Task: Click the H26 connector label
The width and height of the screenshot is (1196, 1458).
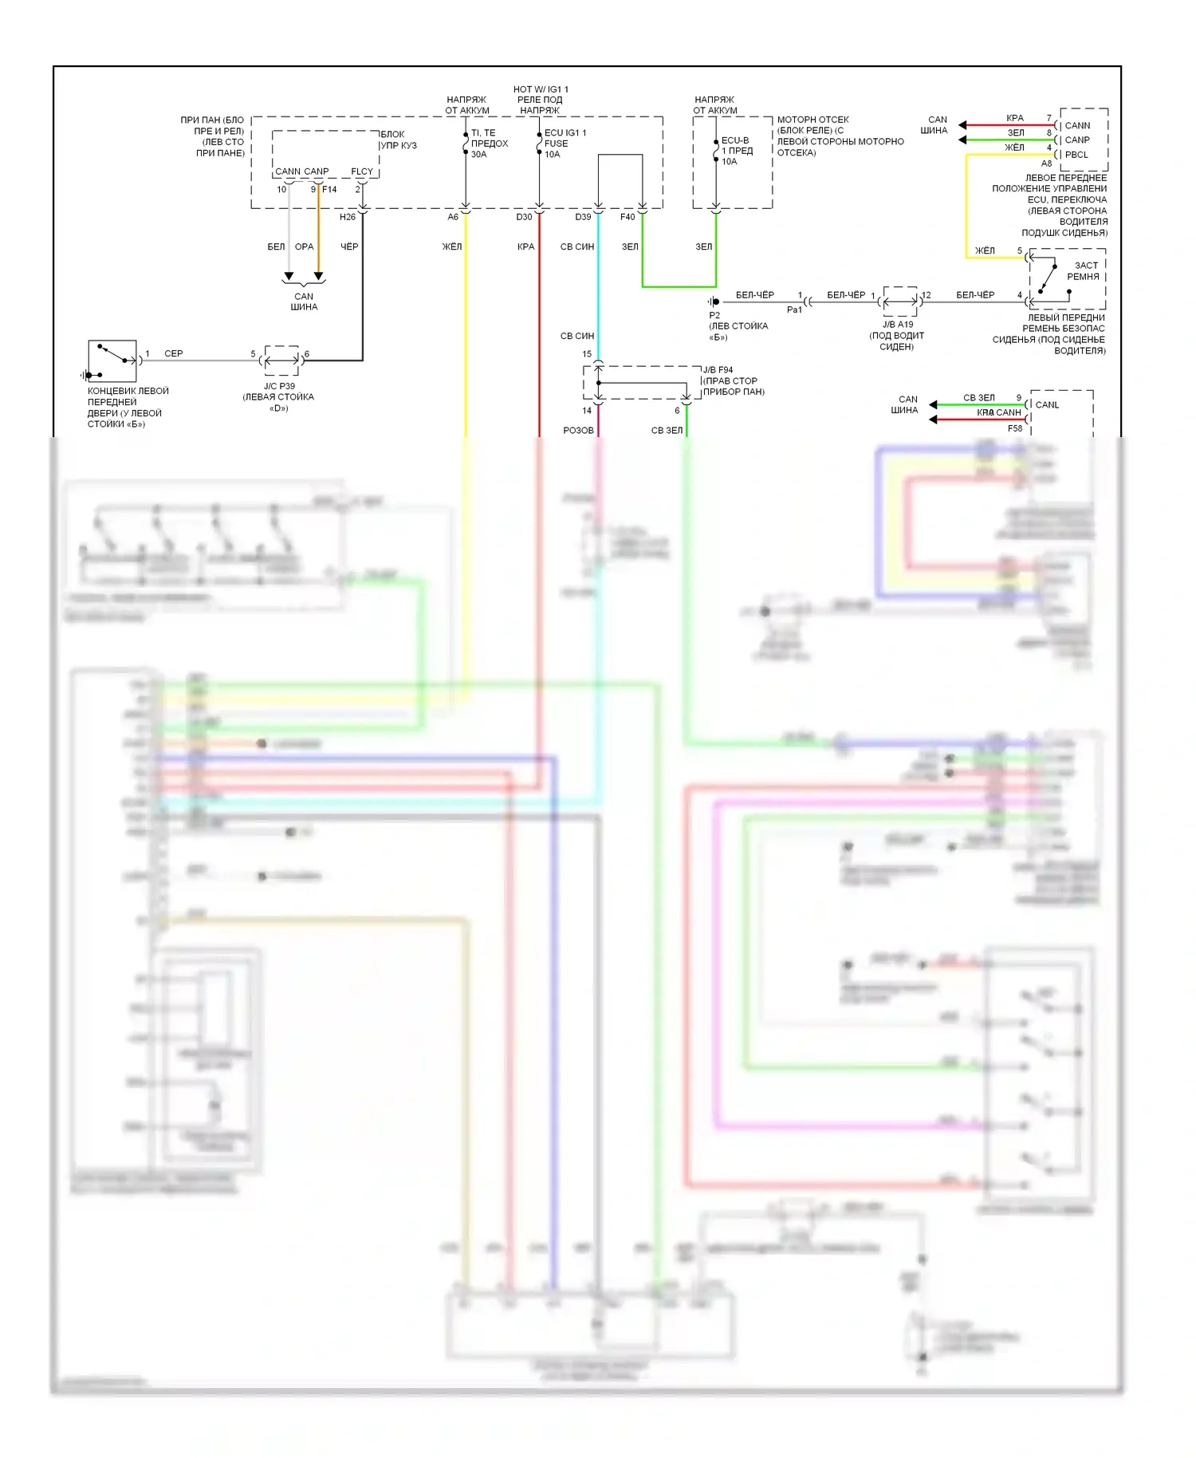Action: [x=348, y=217]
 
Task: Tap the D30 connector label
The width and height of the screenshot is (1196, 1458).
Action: [x=524, y=217]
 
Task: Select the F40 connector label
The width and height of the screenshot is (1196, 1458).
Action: [x=628, y=217]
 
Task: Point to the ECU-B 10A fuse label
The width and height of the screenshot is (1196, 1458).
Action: [x=735, y=151]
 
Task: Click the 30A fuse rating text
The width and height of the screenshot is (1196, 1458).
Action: [x=478, y=155]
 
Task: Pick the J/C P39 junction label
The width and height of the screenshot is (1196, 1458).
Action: [x=279, y=386]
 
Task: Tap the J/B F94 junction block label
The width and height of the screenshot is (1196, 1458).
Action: [x=718, y=370]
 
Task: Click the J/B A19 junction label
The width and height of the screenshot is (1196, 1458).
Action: [x=898, y=325]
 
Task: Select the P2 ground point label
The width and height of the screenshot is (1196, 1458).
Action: [x=714, y=315]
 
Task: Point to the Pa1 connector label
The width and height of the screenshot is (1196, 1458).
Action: [x=794, y=309]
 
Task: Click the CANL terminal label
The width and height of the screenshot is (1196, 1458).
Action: [x=1047, y=405]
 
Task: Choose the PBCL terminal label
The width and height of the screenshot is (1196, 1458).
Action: [x=1076, y=155]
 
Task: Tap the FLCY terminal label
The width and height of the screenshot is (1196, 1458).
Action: [x=362, y=171]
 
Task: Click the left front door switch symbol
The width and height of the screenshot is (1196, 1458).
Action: [x=112, y=361]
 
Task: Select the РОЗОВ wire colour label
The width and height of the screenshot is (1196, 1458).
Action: [x=578, y=431]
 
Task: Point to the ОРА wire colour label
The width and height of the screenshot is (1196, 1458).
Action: [x=304, y=247]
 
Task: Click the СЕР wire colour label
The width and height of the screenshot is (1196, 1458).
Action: [x=173, y=353]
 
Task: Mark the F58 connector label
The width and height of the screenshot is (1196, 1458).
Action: [x=1014, y=428]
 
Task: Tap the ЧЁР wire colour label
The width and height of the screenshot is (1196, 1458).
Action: [x=349, y=247]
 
